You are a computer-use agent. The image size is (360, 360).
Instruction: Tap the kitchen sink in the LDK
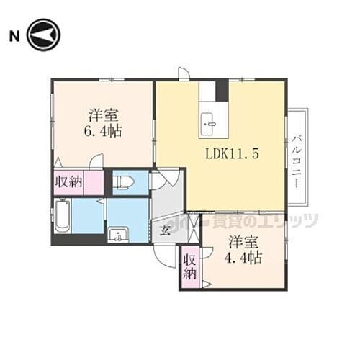click(x=210, y=125)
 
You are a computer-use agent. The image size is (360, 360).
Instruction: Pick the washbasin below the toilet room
click(x=118, y=233)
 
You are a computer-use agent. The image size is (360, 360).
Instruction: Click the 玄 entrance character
click(x=164, y=230)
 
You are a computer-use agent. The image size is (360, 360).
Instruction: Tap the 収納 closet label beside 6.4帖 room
click(x=68, y=182)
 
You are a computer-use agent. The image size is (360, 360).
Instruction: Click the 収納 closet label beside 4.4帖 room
click(x=189, y=267)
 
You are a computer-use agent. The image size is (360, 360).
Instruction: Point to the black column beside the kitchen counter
click(x=222, y=91)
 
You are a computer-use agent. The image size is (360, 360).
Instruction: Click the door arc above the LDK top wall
click(x=184, y=73)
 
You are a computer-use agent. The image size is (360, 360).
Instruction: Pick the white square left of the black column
click(x=207, y=91)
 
